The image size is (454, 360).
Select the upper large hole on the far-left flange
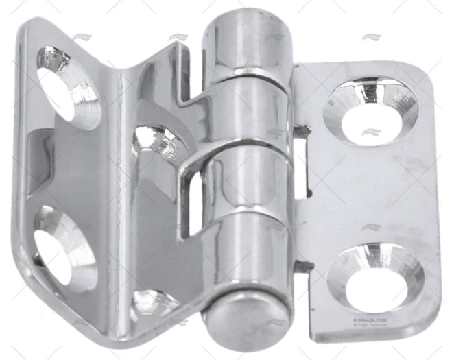[x=66, y=86]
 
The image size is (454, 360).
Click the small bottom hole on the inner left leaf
[x=152, y=301]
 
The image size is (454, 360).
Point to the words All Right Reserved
[x=370, y=325]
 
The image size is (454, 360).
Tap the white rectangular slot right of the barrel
[x=300, y=165]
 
